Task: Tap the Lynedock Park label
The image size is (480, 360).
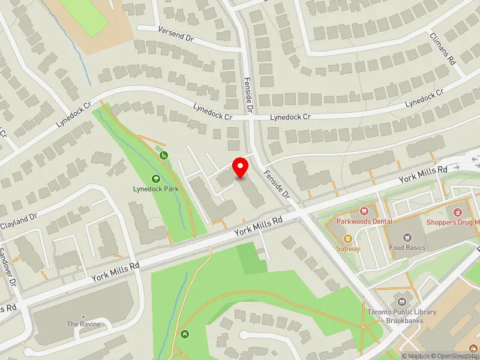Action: click(x=156, y=188)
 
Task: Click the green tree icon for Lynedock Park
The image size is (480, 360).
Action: click(x=156, y=178)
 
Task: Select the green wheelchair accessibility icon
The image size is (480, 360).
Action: click(x=163, y=155)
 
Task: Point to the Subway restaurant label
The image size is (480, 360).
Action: click(x=348, y=248)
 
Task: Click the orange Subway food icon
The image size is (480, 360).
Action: click(x=348, y=238)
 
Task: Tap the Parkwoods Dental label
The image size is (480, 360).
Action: click(x=364, y=221)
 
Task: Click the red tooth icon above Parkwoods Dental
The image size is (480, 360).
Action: click(x=364, y=211)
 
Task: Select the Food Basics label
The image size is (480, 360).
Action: click(x=407, y=247)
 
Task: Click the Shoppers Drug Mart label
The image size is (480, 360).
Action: click(x=454, y=222)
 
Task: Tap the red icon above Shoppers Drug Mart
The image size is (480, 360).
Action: click(x=457, y=212)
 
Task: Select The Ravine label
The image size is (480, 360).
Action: click(x=83, y=324)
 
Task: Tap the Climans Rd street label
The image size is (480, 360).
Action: click(x=443, y=47)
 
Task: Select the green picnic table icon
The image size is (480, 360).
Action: click(x=183, y=334)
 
